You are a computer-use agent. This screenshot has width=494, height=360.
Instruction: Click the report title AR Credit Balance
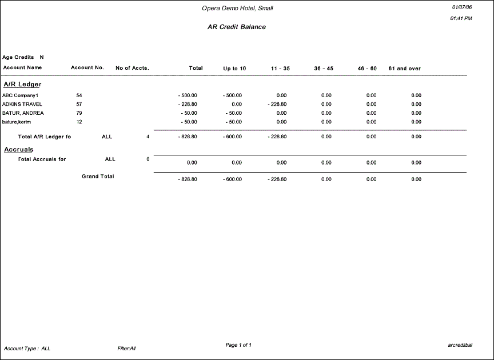236,27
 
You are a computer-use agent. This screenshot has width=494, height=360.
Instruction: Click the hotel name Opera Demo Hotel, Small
237,8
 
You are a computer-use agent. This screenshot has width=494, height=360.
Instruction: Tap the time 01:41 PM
461,19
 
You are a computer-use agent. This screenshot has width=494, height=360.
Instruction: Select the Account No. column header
87,67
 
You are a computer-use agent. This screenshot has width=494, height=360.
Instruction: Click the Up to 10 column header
234,69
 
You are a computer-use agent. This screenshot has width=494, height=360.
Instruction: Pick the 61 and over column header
404,69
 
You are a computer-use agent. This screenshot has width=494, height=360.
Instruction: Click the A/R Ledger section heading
22,85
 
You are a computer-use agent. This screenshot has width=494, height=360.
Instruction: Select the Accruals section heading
19,150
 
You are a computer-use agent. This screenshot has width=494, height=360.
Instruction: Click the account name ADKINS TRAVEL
22,104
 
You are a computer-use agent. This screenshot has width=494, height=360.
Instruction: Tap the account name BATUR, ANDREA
23,113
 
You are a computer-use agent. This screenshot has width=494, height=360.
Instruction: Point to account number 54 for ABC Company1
79,95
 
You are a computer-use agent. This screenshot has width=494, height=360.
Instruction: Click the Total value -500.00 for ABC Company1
188,95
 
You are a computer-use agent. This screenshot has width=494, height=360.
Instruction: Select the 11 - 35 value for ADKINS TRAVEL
277,104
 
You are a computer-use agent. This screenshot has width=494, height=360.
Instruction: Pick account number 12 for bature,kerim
79,122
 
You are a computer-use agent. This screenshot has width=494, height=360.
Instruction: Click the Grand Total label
98,177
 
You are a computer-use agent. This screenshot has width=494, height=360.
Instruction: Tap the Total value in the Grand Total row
188,179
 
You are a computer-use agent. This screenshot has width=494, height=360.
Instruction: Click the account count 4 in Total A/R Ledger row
148,137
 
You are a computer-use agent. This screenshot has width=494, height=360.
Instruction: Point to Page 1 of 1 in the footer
238,345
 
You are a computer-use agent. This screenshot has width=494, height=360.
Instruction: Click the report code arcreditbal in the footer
460,345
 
